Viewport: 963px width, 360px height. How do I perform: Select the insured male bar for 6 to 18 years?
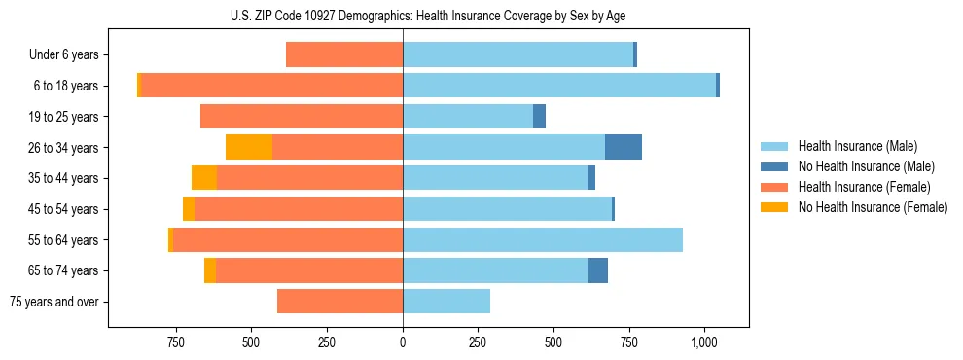pos(559,86)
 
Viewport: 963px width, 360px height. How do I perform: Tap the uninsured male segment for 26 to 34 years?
pos(624,147)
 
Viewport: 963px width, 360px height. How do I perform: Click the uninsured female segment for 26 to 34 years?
pos(249,147)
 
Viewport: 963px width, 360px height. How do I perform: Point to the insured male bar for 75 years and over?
pos(446,301)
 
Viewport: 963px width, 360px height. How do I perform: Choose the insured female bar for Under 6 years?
pos(344,54)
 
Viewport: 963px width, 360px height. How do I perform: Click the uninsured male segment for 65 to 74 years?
pos(598,270)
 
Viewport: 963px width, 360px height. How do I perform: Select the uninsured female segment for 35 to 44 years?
pos(204,178)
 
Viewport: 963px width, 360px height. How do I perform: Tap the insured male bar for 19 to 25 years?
pos(468,117)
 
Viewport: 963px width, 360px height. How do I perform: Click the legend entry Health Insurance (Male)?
pos(857,146)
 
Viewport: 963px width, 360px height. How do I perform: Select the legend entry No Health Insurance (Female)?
pos(873,207)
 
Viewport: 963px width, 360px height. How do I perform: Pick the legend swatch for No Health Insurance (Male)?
pos(774,166)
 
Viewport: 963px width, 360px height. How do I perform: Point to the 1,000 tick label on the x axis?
pos(704,342)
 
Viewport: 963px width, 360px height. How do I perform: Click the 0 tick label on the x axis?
pos(403,342)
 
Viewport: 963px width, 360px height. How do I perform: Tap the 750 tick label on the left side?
pos(175,342)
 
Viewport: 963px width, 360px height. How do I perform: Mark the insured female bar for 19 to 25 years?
pos(302,117)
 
